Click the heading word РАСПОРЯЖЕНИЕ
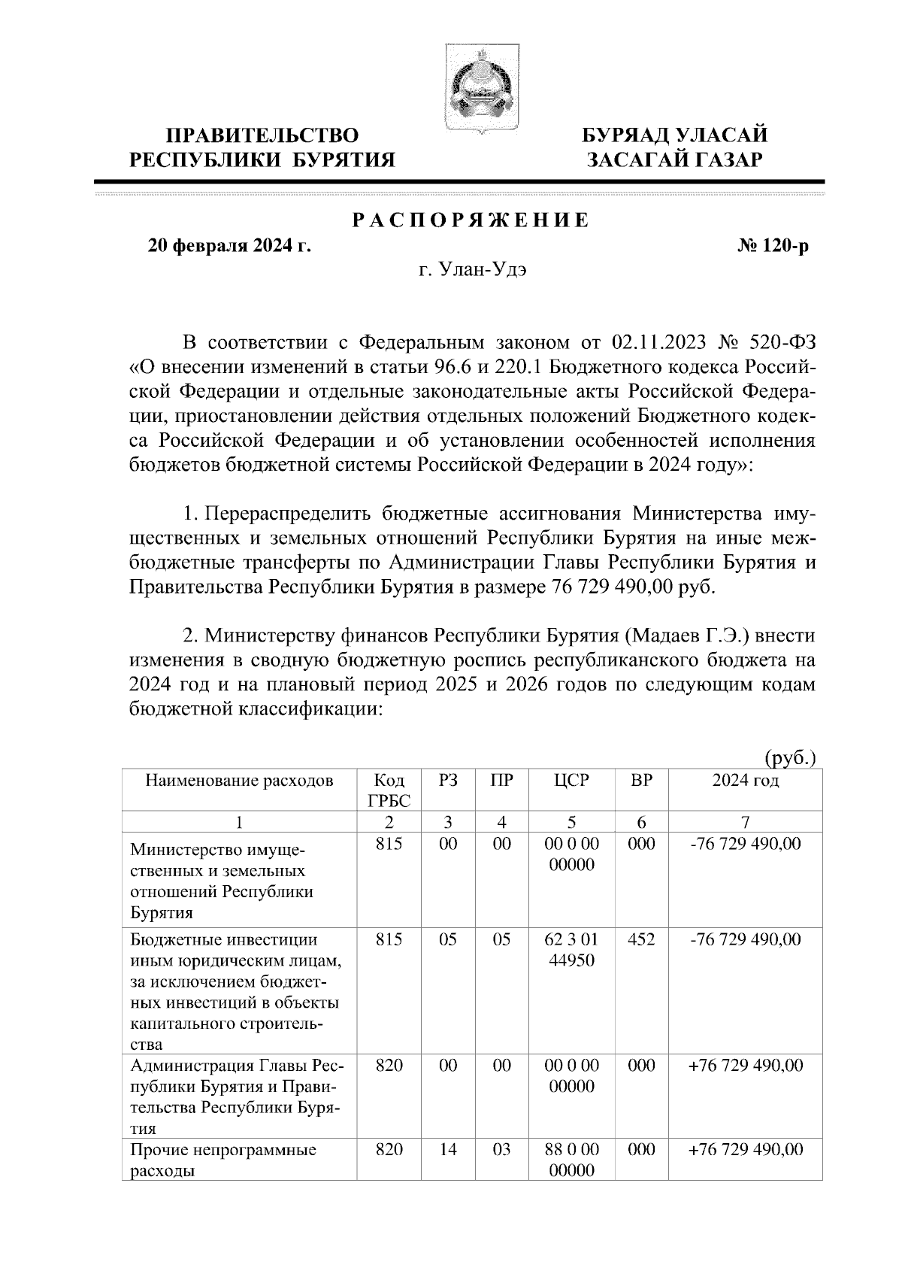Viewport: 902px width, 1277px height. (471, 221)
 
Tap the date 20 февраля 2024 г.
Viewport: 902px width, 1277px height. (230, 246)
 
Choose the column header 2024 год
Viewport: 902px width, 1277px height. (745, 781)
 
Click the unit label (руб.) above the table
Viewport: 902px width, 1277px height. (790, 758)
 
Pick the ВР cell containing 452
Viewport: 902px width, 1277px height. (641, 939)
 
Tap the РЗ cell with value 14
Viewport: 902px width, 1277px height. (448, 1150)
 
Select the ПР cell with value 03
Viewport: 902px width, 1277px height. (501, 1150)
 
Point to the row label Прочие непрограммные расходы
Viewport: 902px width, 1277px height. (222, 1160)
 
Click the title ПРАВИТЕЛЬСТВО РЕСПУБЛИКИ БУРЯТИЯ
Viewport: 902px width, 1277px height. (262, 147)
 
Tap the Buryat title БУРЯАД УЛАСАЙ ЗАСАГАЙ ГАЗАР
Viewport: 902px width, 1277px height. (676, 147)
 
